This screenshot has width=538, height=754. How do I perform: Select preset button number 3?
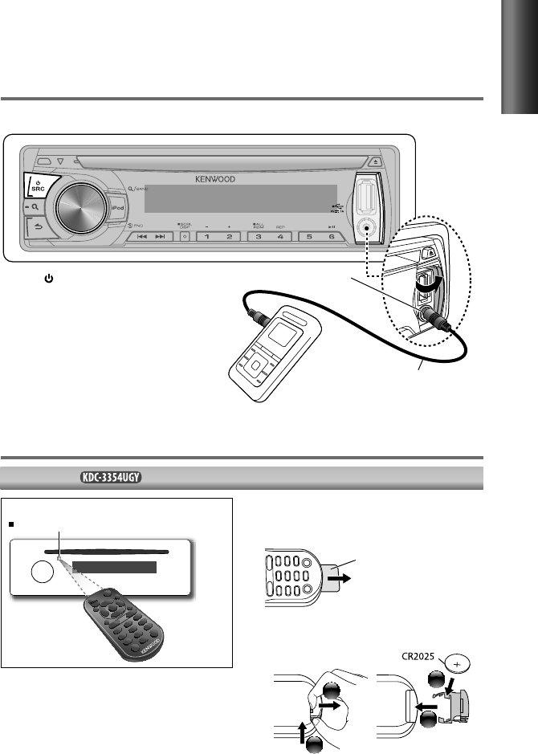pos(258,238)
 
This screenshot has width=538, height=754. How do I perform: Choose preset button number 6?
pos(331,238)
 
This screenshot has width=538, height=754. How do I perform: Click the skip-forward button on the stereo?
pos(160,238)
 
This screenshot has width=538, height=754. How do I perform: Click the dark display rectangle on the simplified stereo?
pos(114,568)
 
